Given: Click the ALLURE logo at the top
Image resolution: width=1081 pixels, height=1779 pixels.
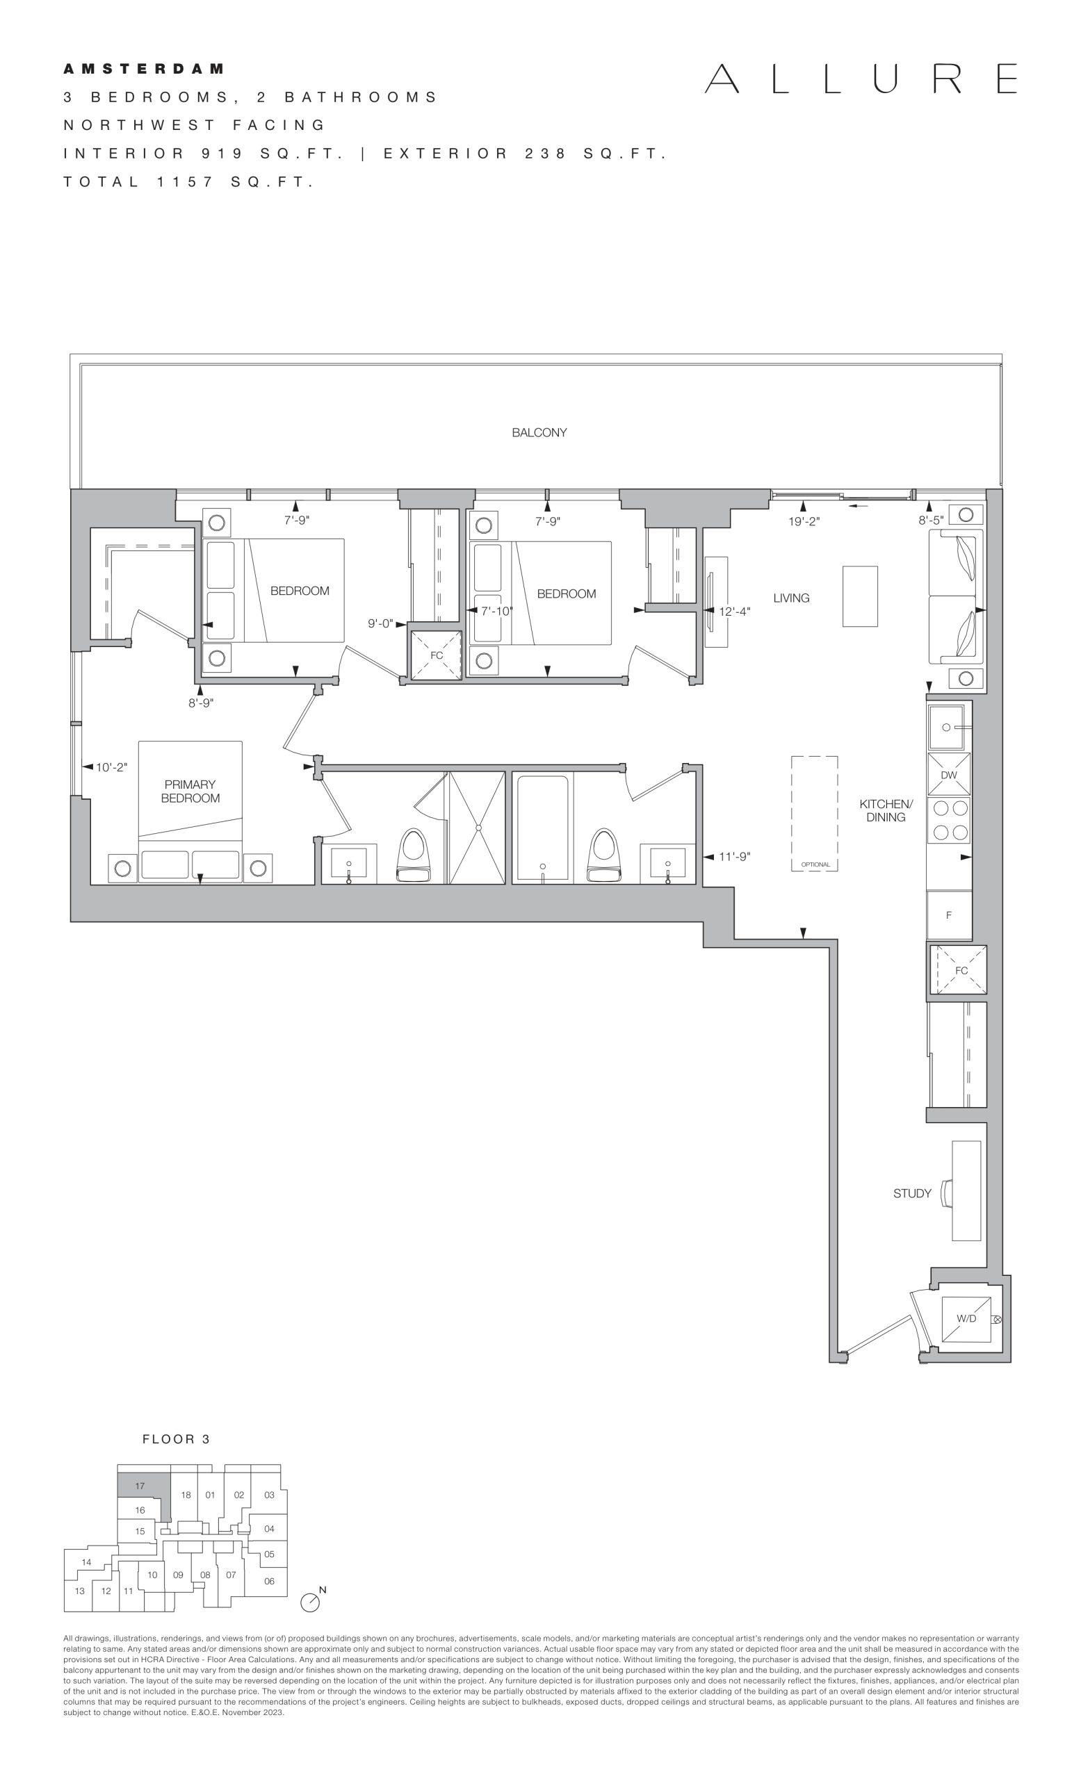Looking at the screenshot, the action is click(861, 79).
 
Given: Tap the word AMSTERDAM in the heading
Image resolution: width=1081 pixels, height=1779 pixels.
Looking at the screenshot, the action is click(144, 69).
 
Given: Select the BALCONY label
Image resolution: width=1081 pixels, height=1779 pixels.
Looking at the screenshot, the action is click(539, 432).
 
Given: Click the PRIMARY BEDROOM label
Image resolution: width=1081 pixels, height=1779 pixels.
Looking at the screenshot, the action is click(190, 792).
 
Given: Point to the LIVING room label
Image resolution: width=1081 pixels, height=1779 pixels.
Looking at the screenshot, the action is click(791, 598).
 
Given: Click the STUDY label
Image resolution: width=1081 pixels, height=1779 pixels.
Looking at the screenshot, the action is click(912, 1193).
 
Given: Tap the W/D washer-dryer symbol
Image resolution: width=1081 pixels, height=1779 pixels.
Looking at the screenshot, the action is click(966, 1318).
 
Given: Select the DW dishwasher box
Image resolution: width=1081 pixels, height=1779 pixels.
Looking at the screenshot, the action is click(949, 775).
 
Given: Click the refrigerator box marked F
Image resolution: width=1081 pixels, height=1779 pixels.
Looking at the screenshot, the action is click(949, 915).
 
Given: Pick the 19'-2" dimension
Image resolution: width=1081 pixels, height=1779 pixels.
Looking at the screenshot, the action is click(804, 521).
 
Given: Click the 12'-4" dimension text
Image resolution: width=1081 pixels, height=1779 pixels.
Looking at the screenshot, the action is click(734, 612).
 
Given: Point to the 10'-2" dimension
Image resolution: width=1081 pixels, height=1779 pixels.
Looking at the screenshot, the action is click(111, 766).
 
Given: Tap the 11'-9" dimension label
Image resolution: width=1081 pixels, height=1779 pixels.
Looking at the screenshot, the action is click(734, 857).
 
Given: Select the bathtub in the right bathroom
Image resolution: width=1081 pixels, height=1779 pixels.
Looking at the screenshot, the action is click(543, 829).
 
